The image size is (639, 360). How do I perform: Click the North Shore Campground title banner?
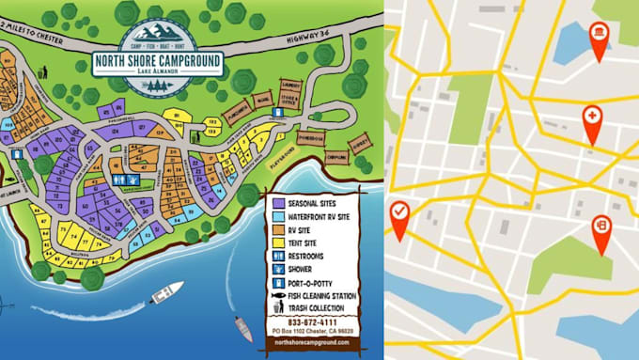[158, 63]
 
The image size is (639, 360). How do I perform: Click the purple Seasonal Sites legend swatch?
[279, 202]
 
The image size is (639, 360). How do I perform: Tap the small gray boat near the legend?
[243, 328]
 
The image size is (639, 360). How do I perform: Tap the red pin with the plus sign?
[592, 117]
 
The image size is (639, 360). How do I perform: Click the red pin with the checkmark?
[399, 211]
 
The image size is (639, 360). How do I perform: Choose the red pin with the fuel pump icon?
[601, 226]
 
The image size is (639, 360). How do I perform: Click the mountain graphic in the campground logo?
[159, 32]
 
